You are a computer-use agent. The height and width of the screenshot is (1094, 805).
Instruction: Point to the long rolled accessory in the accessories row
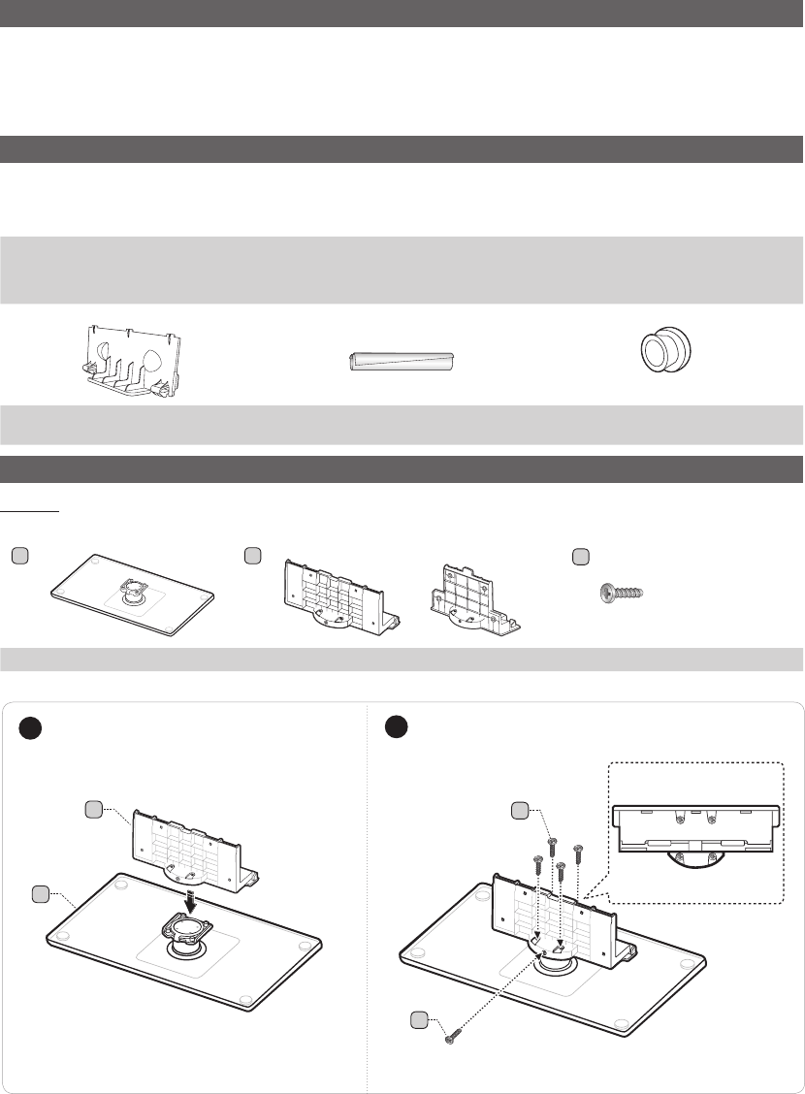click(x=402, y=362)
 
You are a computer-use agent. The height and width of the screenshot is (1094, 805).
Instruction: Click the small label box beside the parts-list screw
click(x=580, y=556)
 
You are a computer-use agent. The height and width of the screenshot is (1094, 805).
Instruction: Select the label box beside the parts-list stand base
click(x=20, y=556)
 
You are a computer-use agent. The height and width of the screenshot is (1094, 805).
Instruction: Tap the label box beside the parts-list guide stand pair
click(x=253, y=556)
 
